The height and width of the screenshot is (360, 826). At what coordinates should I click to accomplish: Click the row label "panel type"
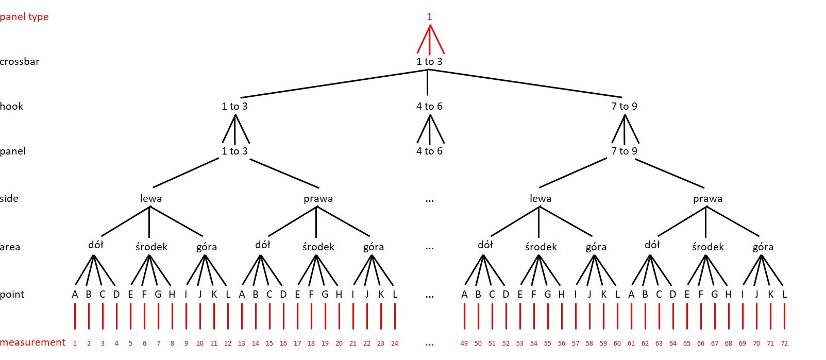(x=24, y=16)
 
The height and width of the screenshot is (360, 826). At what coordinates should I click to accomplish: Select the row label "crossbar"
(x=20, y=61)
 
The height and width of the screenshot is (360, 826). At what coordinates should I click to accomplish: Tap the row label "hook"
(x=11, y=106)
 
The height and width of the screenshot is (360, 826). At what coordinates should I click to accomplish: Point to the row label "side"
(x=9, y=198)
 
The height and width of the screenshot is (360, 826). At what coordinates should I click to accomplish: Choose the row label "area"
(x=10, y=247)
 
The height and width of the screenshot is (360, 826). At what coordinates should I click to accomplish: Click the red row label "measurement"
(x=33, y=342)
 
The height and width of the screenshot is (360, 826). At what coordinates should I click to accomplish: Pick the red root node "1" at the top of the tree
(x=429, y=16)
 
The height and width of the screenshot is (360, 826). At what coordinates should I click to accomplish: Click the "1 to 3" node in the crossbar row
(x=429, y=61)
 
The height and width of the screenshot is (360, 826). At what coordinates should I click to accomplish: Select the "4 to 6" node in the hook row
(x=429, y=106)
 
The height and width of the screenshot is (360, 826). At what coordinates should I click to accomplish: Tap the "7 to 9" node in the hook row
(x=624, y=106)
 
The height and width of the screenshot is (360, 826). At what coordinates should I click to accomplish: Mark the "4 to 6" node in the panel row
(x=429, y=151)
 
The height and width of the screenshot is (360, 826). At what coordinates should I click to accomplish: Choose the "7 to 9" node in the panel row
(x=624, y=151)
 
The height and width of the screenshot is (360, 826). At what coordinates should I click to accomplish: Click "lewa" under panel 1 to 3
(x=151, y=198)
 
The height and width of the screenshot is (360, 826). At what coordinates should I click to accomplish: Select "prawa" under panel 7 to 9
(x=707, y=198)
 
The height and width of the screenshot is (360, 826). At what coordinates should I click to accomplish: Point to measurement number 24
(x=395, y=343)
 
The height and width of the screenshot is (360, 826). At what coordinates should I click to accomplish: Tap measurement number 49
(x=464, y=343)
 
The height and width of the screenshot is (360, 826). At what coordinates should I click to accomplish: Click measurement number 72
(x=784, y=343)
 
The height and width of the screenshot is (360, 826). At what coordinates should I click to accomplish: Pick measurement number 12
(x=228, y=343)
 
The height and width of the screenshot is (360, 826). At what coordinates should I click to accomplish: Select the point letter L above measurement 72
(x=784, y=295)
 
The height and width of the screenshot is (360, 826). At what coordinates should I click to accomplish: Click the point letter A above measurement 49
(x=464, y=295)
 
